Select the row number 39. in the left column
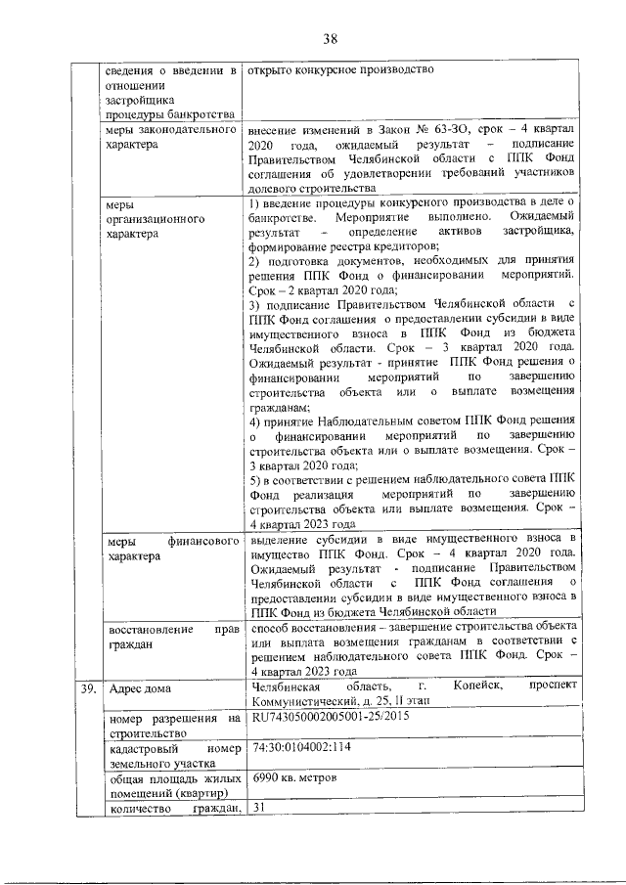pos(87,690)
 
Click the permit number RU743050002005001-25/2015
pos(330,717)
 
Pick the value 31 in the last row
pos(259,807)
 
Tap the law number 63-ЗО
pos(422,129)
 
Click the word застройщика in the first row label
pos(139,100)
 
